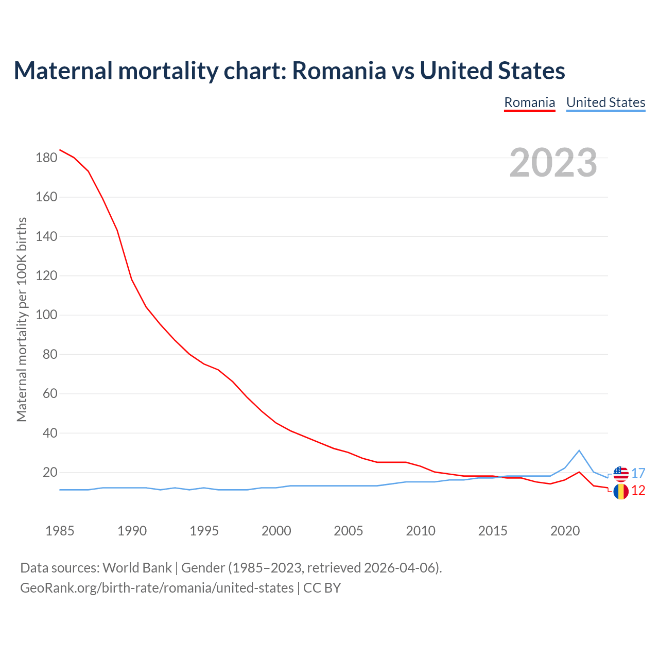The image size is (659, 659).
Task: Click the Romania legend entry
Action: coord(529,102)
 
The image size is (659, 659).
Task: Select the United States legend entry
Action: coord(605,102)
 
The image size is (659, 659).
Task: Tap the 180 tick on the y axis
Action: coord(46,158)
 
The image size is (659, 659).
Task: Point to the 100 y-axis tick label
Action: coord(46,315)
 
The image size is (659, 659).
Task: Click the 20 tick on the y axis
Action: coord(49,473)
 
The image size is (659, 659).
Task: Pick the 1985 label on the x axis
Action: coord(60,531)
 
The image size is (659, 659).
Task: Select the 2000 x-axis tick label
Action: coord(276,531)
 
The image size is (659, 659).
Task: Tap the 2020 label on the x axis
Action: coord(565,531)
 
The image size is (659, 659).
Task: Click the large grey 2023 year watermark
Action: coord(553,163)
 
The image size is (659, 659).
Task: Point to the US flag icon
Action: coord(621,474)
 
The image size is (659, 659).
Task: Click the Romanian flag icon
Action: coord(621,492)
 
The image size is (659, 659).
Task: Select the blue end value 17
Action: coord(638,473)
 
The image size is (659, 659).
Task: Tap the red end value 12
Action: coord(638,491)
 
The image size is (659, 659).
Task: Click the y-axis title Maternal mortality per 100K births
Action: coord(22,319)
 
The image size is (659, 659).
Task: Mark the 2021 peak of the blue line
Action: coord(579,450)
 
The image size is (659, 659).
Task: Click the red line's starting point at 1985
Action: coord(60,150)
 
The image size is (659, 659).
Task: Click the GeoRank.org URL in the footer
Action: coord(157,588)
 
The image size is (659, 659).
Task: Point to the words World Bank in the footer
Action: coord(137,568)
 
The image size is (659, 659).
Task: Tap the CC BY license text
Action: coord(322,588)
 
